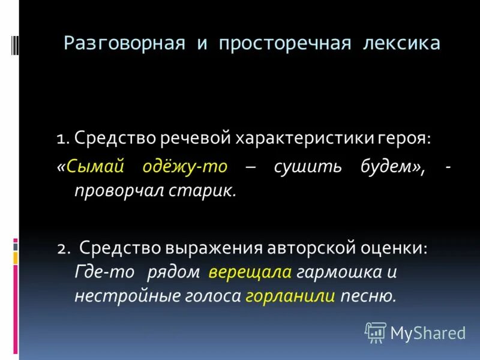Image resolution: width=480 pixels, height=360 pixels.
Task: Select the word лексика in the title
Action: click(x=405, y=43)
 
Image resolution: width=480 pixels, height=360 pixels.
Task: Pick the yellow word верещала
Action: click(x=250, y=272)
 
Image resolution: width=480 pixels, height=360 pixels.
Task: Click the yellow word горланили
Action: click(x=290, y=296)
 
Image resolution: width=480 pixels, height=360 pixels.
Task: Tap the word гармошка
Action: click(x=339, y=272)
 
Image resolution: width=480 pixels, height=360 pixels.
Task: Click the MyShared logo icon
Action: click(x=376, y=331)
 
